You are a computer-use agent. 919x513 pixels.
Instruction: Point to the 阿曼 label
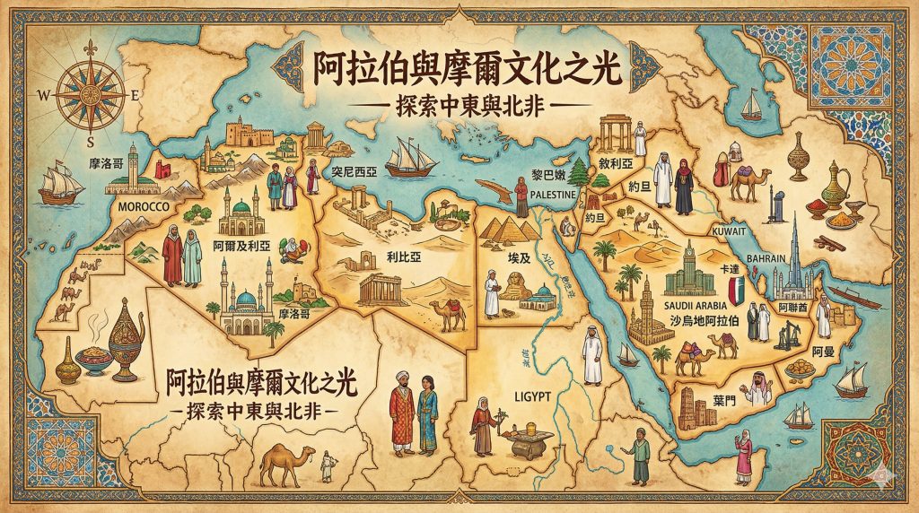(x=823, y=351)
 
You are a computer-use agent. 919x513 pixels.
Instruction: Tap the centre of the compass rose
(x=92, y=93)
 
